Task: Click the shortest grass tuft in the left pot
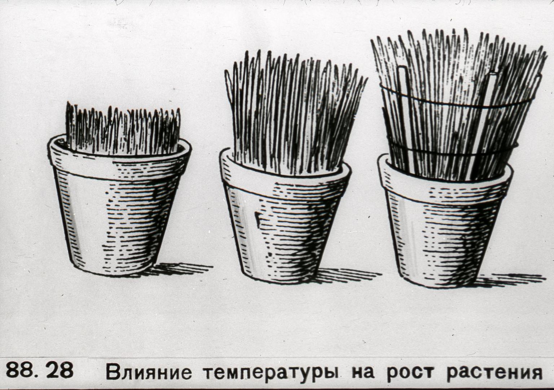pyautogui.click(x=123, y=129)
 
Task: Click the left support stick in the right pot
pyautogui.click(x=403, y=119)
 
